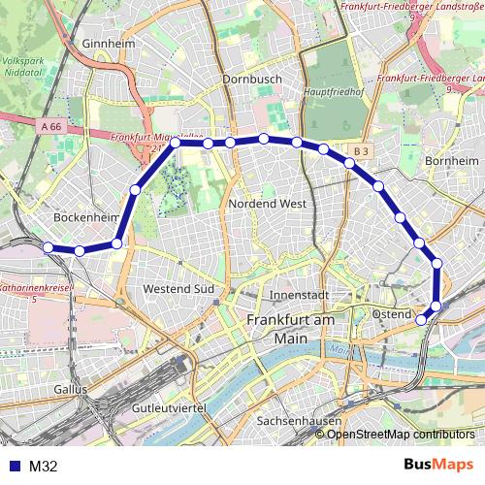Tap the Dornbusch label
(x=250, y=79)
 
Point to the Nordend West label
(x=269, y=204)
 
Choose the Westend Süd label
(x=178, y=289)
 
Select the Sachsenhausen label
(x=295, y=422)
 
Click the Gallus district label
(x=71, y=388)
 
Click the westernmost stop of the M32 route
(x=48, y=247)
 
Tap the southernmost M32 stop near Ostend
(x=421, y=319)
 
